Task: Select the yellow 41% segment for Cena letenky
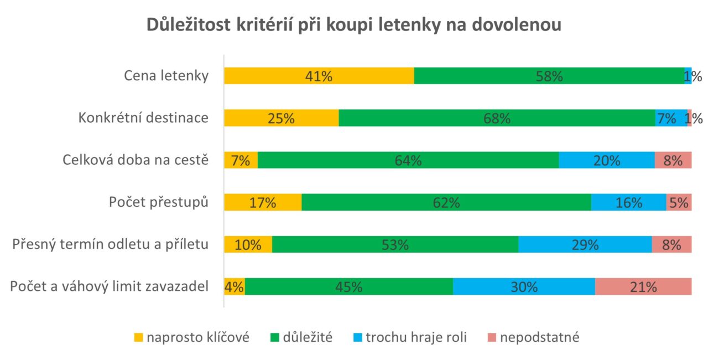pos(319,76)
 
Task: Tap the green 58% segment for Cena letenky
pos(549,76)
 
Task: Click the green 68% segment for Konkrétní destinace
pos(497,118)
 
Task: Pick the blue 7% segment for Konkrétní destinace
pos(670,118)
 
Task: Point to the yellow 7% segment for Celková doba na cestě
pos(241,160)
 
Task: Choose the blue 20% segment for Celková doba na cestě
pos(606,160)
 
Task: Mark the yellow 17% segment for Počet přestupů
pos(263,202)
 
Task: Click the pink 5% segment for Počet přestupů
pos(679,202)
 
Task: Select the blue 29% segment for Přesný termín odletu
pos(585,244)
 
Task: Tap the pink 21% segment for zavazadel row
pos(643,287)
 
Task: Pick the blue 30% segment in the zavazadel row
pos(524,287)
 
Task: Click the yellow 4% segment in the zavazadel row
pos(235,287)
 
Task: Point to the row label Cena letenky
pos(166,76)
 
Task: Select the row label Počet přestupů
pos(158,202)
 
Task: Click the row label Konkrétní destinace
pos(143,118)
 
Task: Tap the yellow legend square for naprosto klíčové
pos(138,337)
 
